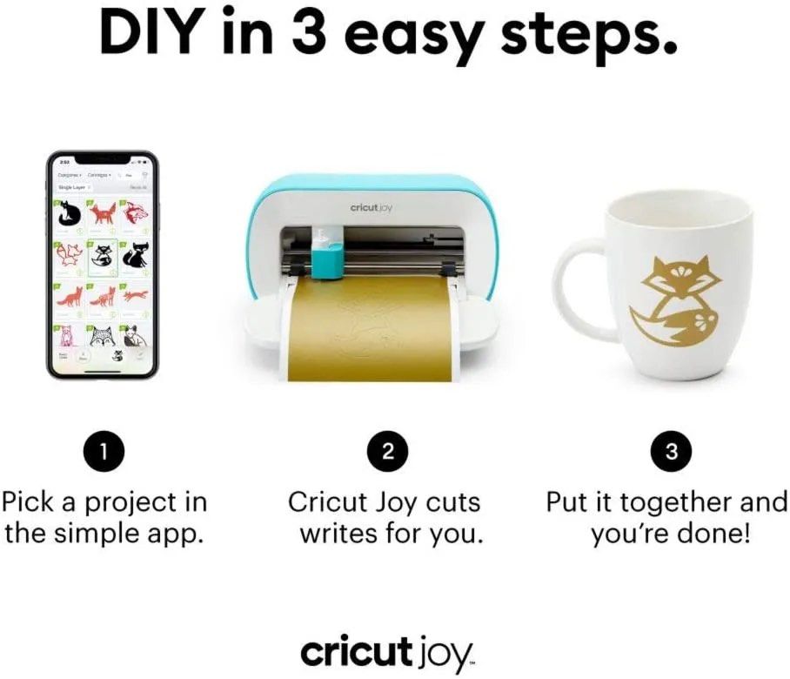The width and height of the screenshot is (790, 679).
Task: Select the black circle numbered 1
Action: pos(104,452)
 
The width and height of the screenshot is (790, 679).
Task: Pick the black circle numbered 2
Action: pos(389,452)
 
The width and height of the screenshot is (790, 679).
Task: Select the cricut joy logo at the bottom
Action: pos(387,651)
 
